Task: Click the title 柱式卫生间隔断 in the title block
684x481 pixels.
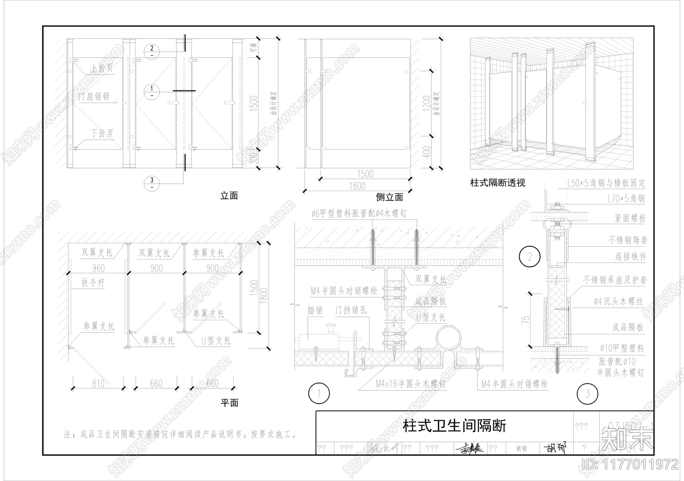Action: coord(454,426)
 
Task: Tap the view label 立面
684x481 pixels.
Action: coord(229,196)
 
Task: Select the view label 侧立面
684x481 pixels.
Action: coord(389,197)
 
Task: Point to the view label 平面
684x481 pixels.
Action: coord(229,402)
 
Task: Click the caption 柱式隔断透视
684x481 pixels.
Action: coord(498,183)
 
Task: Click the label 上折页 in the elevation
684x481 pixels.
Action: coord(102,68)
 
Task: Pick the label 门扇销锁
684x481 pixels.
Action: coord(94,97)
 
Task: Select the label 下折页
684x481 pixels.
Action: coord(102,133)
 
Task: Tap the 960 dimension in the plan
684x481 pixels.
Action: coord(98,268)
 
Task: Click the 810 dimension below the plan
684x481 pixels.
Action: coord(98,384)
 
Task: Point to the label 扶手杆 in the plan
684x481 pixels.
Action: coord(93,283)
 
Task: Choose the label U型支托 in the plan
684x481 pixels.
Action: coord(216,341)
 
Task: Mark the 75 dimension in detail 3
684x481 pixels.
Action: coord(526,319)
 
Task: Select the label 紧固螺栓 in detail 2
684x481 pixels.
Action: coord(630,218)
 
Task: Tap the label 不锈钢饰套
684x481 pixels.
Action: coord(628,240)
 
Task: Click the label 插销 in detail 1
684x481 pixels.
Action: coord(315,310)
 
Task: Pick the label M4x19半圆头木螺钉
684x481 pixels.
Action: coord(410,384)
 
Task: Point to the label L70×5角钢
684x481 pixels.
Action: coord(626,198)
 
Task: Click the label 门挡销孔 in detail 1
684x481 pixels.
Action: coord(351,310)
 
